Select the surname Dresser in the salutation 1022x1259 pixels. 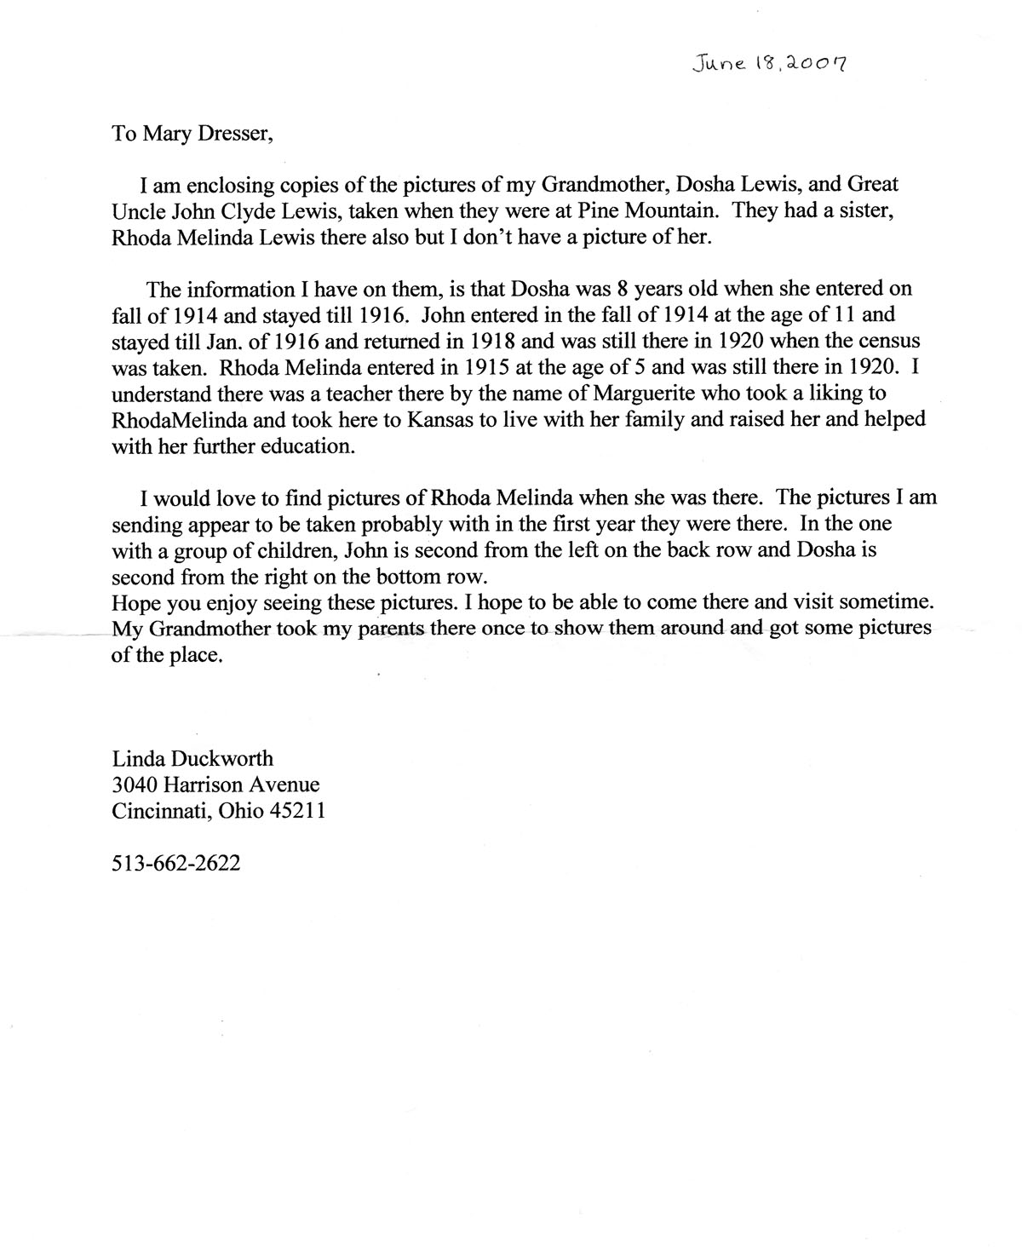tap(235, 135)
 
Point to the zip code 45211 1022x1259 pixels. tap(297, 812)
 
